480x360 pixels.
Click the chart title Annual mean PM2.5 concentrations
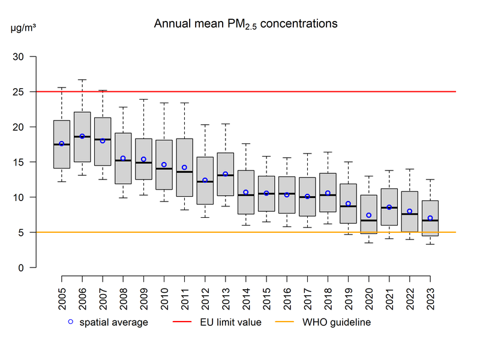[x=245, y=24]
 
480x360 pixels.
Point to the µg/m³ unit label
[x=23, y=28]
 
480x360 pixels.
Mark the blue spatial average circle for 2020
[x=369, y=215]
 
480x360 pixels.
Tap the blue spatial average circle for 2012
[x=205, y=180]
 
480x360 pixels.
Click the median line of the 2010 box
[x=164, y=169]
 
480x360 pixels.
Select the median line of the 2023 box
[x=430, y=220]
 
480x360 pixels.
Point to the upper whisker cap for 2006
[x=82, y=79]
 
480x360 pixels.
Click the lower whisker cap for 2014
[x=246, y=225]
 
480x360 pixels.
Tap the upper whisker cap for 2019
[x=348, y=162]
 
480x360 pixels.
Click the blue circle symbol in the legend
[x=70, y=322]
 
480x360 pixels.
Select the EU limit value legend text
[x=231, y=322]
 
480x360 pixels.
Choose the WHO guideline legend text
[x=337, y=322]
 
